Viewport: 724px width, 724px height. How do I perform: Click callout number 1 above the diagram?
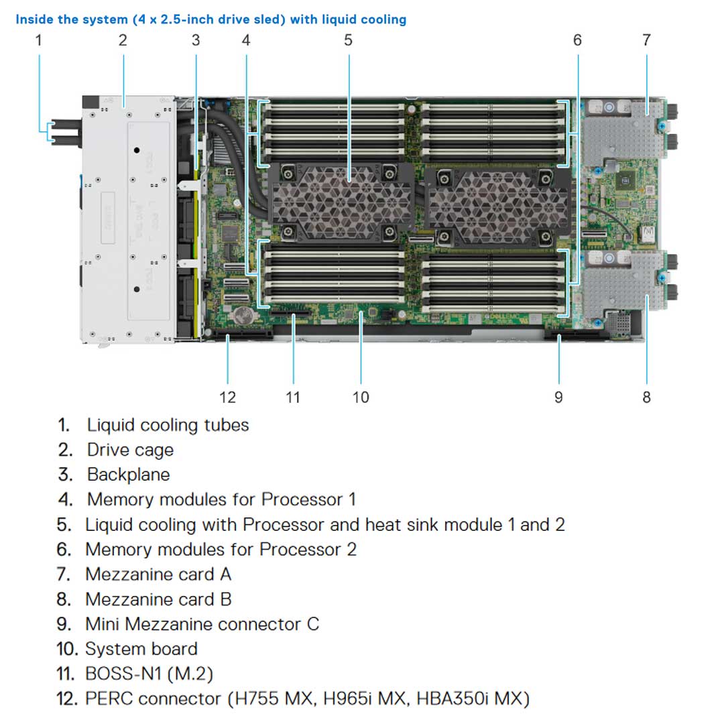click(x=38, y=40)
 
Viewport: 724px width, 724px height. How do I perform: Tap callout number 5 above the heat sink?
click(x=348, y=40)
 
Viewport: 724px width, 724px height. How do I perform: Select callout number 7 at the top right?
click(x=646, y=40)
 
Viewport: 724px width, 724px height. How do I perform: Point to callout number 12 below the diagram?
click(x=228, y=397)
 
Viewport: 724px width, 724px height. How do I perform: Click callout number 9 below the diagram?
click(x=558, y=397)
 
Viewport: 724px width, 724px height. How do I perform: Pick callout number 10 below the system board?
click(x=361, y=397)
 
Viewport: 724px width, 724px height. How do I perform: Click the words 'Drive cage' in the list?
click(x=130, y=450)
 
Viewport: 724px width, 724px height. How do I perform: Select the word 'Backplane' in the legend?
click(x=128, y=475)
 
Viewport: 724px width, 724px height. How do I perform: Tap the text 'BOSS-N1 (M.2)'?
click(x=149, y=674)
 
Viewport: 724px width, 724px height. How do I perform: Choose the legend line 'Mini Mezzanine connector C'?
click(x=202, y=624)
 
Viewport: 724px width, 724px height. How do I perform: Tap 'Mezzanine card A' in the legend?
click(x=158, y=575)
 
